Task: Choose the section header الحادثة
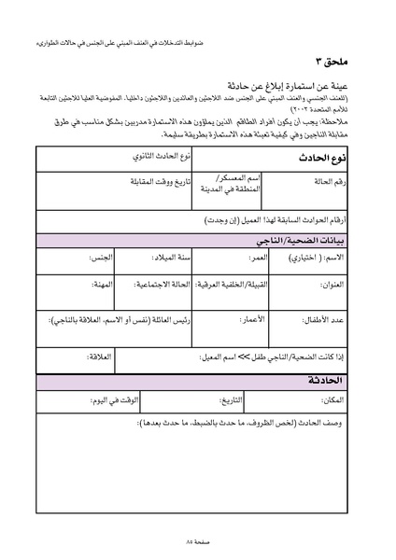coord(335,383)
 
